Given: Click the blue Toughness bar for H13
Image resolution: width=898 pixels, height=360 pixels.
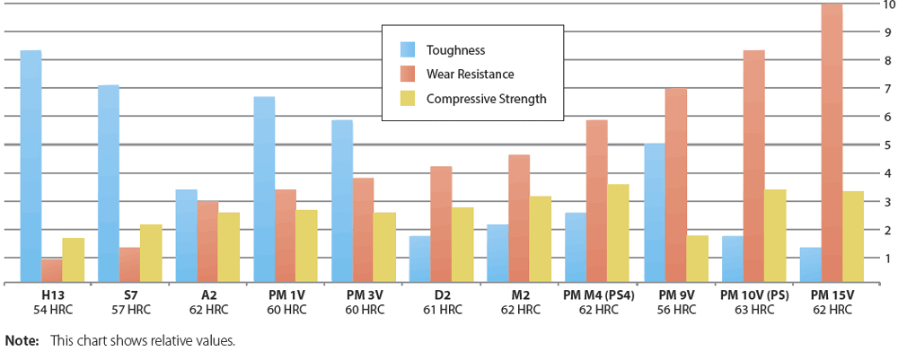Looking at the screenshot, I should click(x=31, y=166).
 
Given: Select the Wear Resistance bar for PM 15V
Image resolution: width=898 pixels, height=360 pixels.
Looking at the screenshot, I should click(x=832, y=144).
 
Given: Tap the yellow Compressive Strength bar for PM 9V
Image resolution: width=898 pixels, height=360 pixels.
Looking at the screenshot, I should click(x=697, y=259).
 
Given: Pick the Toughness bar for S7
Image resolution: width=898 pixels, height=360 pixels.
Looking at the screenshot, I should click(x=108, y=184).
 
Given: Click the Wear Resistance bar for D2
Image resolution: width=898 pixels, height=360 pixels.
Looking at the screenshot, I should click(x=441, y=224).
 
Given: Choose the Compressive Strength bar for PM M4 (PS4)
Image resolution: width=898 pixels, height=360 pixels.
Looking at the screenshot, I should click(x=619, y=233).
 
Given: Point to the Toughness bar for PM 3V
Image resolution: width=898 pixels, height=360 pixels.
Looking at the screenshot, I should click(x=342, y=201).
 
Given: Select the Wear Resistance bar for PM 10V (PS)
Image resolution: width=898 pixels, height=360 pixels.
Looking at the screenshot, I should click(x=753, y=166).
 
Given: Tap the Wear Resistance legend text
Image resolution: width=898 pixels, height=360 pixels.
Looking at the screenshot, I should click(x=471, y=74).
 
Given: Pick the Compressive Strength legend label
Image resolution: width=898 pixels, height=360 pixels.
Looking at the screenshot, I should click(x=486, y=99).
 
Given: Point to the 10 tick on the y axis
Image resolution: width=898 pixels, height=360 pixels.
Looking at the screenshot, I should click(x=886, y=4).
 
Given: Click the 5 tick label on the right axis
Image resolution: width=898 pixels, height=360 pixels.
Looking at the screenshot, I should click(x=887, y=145).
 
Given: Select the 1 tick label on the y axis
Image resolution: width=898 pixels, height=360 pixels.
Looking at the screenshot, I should click(x=887, y=258).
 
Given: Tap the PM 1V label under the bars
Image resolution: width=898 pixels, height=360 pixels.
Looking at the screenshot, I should click(x=286, y=294).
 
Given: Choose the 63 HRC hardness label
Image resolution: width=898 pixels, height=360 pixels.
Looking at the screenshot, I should click(x=754, y=310).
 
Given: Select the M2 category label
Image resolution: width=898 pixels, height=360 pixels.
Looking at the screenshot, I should click(x=520, y=294).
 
